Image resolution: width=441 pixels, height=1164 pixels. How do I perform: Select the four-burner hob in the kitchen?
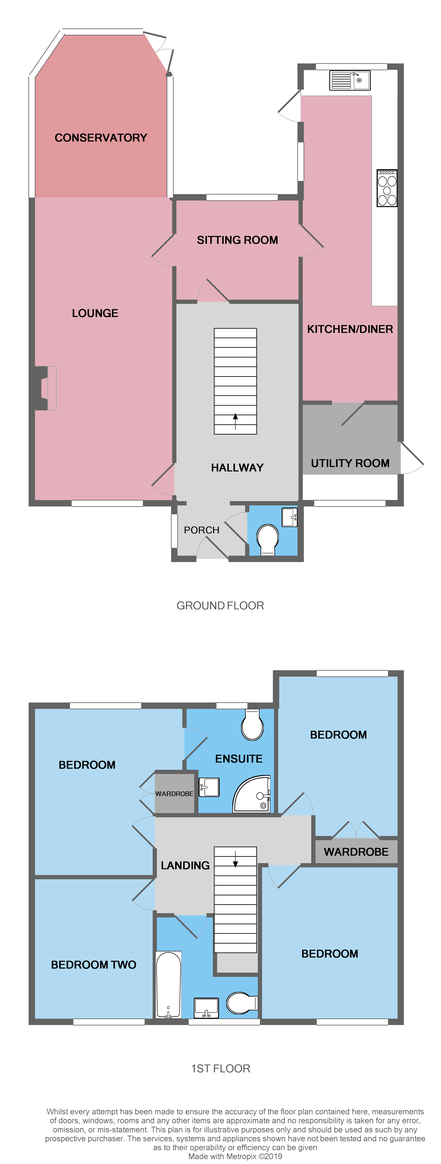(387, 188)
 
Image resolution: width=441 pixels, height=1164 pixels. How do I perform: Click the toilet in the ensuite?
(252, 725)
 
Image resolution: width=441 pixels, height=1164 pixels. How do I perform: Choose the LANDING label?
(185, 865)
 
